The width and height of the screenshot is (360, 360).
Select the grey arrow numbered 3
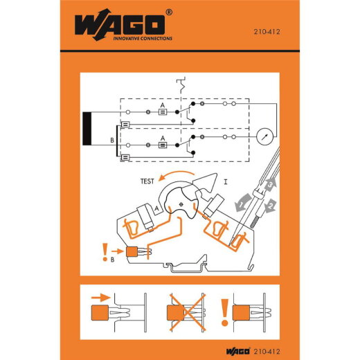271,205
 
